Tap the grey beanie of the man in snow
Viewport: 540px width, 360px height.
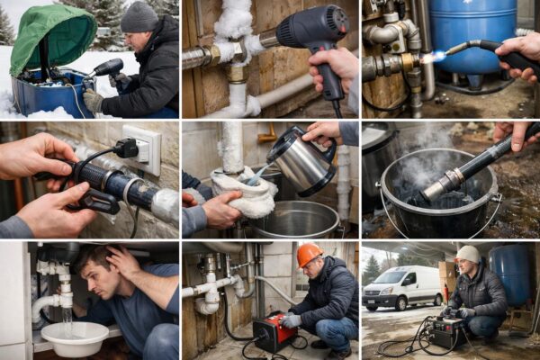pyautogui.click(x=139, y=17)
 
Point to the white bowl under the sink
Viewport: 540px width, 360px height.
pyautogui.click(x=75, y=338)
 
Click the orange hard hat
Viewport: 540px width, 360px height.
pyautogui.click(x=310, y=256)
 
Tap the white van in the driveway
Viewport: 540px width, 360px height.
pyautogui.click(x=402, y=287)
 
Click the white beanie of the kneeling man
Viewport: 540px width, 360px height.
pyautogui.click(x=468, y=254)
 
